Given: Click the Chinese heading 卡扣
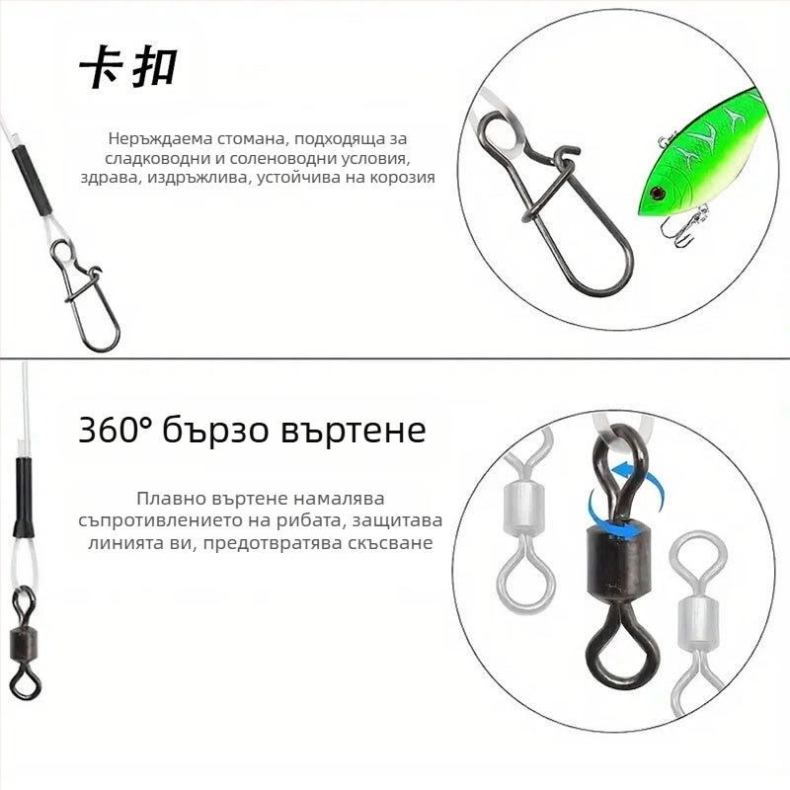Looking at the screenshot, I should pos(129,68).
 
